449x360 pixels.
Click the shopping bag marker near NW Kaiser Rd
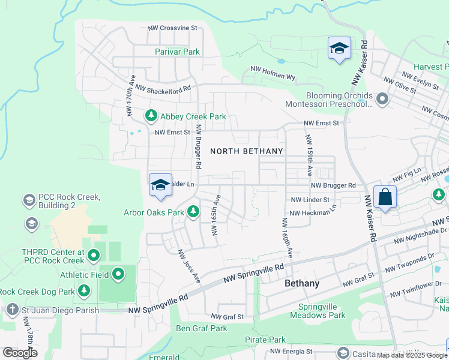click(385, 197)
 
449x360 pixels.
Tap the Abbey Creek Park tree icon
click(150, 116)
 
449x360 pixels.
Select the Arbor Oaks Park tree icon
click(193, 212)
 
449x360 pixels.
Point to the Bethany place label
click(302, 283)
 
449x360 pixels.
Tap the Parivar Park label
click(177, 52)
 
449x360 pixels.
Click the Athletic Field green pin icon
click(118, 275)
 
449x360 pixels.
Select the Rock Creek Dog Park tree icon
click(84, 292)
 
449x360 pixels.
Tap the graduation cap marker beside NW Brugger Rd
click(160, 185)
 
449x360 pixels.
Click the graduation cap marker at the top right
click(339, 48)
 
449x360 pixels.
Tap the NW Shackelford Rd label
click(163, 88)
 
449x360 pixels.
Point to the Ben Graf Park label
click(201, 328)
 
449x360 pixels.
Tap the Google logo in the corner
click(20, 352)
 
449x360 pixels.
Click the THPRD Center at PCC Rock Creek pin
click(93, 256)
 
